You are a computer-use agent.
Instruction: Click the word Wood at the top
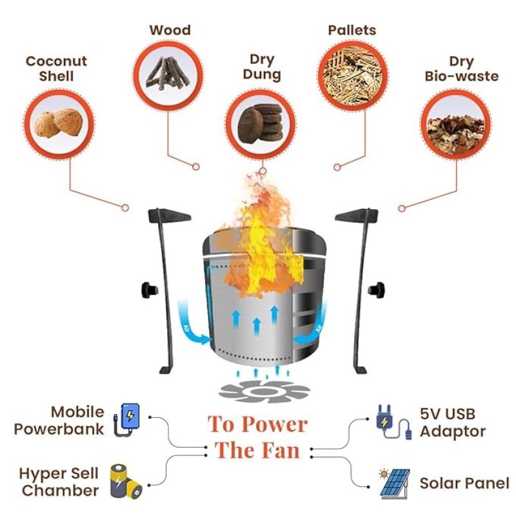tap(170, 30)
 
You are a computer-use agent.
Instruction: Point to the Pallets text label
tap(352, 30)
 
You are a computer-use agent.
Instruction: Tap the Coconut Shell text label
tap(56, 68)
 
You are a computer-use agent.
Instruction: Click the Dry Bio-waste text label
tap(462, 68)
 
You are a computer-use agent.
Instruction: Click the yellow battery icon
tap(126, 481)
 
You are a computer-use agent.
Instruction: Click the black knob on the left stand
tap(148, 290)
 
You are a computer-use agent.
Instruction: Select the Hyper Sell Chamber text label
tap(59, 481)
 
